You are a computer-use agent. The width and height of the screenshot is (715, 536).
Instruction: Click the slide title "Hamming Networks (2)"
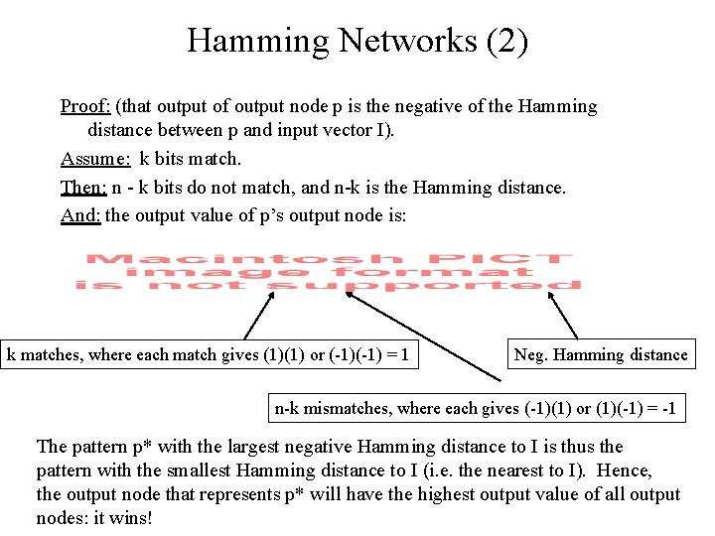357,41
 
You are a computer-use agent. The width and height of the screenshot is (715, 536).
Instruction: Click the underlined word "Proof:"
85,106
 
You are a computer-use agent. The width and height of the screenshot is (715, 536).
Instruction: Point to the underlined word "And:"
80,214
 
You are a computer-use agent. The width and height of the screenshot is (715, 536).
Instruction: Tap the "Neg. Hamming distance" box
600,354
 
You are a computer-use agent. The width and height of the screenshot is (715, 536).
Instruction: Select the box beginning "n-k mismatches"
480,408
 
